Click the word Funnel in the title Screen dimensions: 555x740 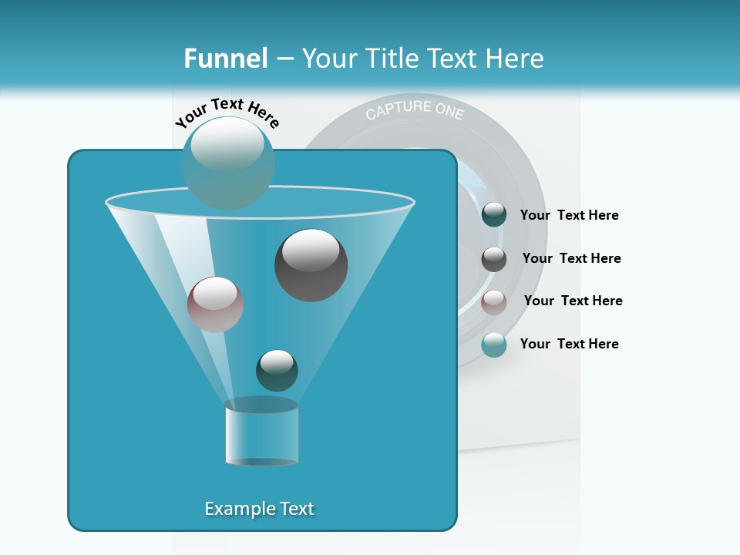(x=225, y=59)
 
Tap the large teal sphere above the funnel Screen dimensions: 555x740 (x=227, y=163)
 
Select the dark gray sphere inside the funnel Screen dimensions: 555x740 (x=311, y=264)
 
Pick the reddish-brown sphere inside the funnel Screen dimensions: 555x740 (x=215, y=304)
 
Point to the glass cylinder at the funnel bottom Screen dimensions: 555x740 (x=261, y=433)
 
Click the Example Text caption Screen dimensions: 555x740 (x=259, y=509)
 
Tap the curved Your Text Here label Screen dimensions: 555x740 (x=227, y=113)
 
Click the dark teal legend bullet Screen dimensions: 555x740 (x=494, y=215)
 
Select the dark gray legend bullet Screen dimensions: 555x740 (x=494, y=258)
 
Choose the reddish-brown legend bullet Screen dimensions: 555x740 (x=494, y=301)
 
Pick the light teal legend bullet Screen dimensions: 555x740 (x=494, y=345)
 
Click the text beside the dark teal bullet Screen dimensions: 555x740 (x=569, y=215)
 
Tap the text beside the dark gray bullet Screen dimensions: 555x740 (x=571, y=258)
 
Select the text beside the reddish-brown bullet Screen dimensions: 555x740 (x=573, y=301)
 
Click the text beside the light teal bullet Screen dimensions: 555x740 (x=569, y=344)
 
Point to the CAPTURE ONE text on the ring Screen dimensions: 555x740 (x=415, y=110)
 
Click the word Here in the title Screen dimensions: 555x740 (x=516, y=59)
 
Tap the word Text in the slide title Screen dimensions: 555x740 (x=454, y=59)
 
